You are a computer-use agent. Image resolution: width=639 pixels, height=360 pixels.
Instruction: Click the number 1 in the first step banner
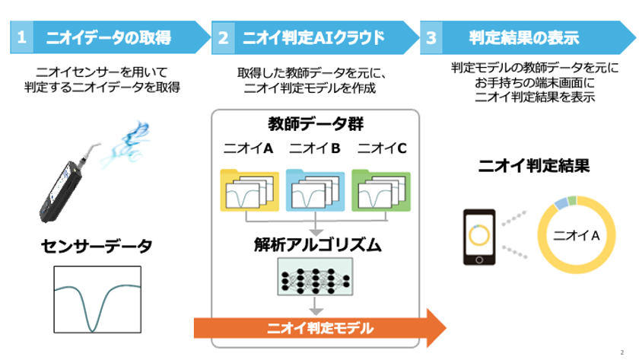[x=21, y=37]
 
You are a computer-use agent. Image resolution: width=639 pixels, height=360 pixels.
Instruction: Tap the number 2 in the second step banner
[x=223, y=38]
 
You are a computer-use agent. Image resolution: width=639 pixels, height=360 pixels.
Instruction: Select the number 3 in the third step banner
[x=431, y=38]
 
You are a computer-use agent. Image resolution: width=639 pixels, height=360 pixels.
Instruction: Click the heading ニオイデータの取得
[x=108, y=37]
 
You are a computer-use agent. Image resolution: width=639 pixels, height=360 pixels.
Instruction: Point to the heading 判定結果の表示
[x=523, y=37]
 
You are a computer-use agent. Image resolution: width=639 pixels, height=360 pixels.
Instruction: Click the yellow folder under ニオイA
[x=250, y=190]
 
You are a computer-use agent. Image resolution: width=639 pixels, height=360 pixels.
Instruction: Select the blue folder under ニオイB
[x=315, y=190]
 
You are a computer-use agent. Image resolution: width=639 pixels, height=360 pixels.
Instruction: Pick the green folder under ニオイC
[x=381, y=190]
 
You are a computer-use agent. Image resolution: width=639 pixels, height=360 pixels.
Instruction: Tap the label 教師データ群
[x=316, y=124]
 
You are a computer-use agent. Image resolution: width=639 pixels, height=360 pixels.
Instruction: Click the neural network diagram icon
[x=315, y=277]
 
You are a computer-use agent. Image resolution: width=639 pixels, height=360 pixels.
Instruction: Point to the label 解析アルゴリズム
[x=317, y=244]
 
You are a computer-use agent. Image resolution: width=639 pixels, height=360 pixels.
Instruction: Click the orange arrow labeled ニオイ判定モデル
[x=320, y=328]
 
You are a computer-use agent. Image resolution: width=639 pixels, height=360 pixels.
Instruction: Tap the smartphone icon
[x=479, y=237]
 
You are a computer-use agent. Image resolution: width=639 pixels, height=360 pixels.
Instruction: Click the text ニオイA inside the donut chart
[x=577, y=235]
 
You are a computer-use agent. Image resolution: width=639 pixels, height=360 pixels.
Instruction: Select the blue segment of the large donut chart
[x=561, y=203]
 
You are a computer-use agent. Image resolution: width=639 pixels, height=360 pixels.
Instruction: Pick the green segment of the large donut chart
[x=572, y=200]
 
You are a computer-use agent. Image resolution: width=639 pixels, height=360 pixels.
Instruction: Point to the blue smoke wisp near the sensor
[x=126, y=144]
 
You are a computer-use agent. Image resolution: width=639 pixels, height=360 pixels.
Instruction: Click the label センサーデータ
[x=97, y=247]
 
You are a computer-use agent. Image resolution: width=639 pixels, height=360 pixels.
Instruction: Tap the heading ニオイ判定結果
[x=533, y=166]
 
